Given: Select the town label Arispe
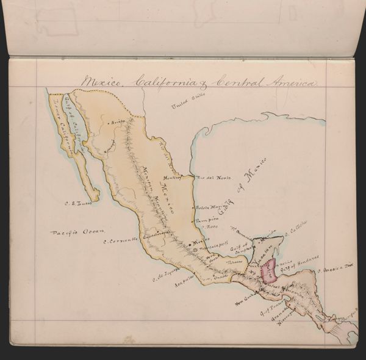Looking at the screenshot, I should (118, 121).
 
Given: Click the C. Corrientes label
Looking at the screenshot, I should (122, 240).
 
